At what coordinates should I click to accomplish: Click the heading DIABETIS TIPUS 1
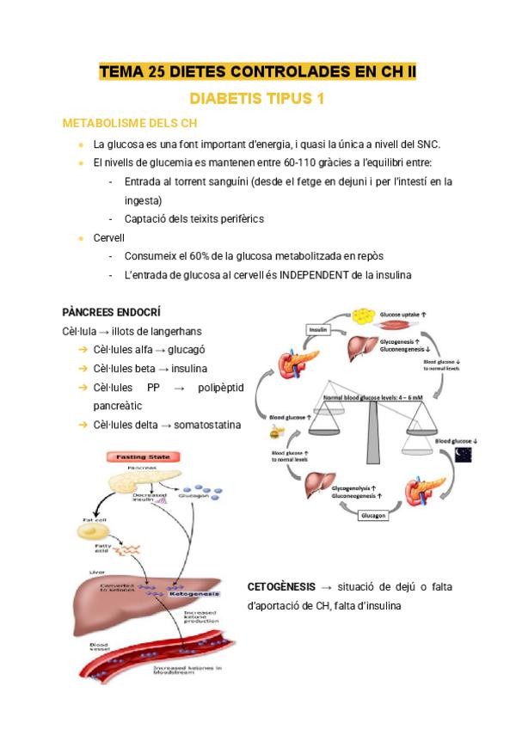point(256,99)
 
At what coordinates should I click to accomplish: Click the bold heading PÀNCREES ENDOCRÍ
point(112,311)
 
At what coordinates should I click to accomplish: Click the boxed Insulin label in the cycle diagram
point(318,329)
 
